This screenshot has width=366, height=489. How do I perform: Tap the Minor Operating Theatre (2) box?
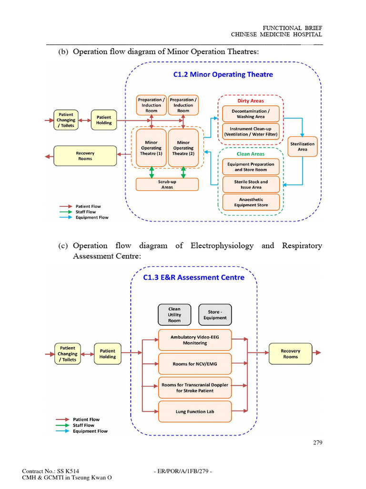pos(183,148)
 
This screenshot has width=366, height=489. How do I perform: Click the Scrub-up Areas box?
pos(167,184)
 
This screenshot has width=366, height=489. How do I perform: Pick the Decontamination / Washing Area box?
pos(251,114)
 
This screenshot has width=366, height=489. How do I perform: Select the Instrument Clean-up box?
pos(251,131)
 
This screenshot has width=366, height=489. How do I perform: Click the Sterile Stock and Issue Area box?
pos(251,184)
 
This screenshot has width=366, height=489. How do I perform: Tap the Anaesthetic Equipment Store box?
pos(251,202)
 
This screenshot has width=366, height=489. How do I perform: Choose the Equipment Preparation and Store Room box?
pos(251,167)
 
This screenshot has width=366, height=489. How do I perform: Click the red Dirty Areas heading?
pos(251,101)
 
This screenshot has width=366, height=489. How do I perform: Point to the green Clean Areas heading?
pos(251,154)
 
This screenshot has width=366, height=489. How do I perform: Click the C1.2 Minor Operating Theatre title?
pos(223,74)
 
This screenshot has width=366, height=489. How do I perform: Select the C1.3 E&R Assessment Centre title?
pos(194,277)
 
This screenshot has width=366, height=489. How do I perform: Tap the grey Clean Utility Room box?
pos(174,315)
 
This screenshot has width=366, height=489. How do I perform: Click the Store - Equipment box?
pos(215,315)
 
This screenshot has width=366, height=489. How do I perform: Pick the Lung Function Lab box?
pos(194,412)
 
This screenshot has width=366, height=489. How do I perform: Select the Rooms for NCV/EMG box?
pos(194,364)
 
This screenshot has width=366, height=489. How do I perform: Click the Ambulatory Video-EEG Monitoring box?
pos(194,340)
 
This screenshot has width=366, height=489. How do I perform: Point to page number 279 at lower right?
pos(318,443)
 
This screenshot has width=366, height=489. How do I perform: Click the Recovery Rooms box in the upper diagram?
pos(85,156)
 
